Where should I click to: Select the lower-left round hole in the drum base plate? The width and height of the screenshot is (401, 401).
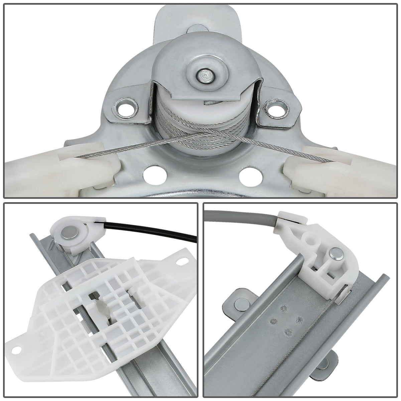point(154,174)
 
